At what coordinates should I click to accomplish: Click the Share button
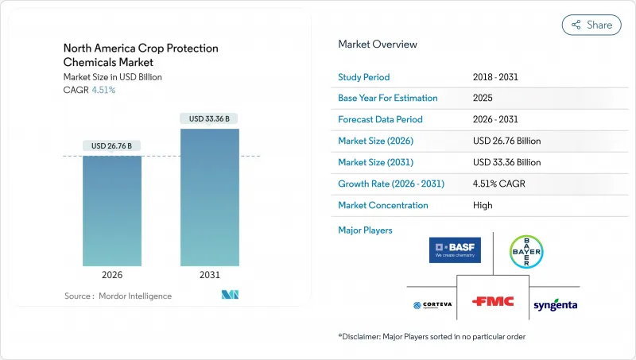pyautogui.click(x=591, y=25)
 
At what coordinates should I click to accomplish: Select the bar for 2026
pyautogui.click(x=112, y=211)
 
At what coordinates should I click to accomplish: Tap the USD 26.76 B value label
pyautogui.click(x=112, y=145)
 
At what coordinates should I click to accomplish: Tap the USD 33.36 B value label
pyautogui.click(x=210, y=118)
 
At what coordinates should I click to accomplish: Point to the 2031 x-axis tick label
pyautogui.click(x=210, y=275)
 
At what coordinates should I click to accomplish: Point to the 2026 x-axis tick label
pyautogui.click(x=112, y=275)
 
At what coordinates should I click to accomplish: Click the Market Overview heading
pyautogui.click(x=377, y=44)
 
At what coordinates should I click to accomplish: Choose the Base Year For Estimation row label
pyautogui.click(x=388, y=99)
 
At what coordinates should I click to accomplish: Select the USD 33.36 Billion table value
pyautogui.click(x=506, y=162)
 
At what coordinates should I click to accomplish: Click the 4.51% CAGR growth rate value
pyautogui.click(x=498, y=184)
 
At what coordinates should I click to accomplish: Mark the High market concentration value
pyautogui.click(x=482, y=205)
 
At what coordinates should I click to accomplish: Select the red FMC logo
pyautogui.click(x=493, y=302)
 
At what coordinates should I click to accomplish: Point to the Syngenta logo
pyautogui.click(x=556, y=305)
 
